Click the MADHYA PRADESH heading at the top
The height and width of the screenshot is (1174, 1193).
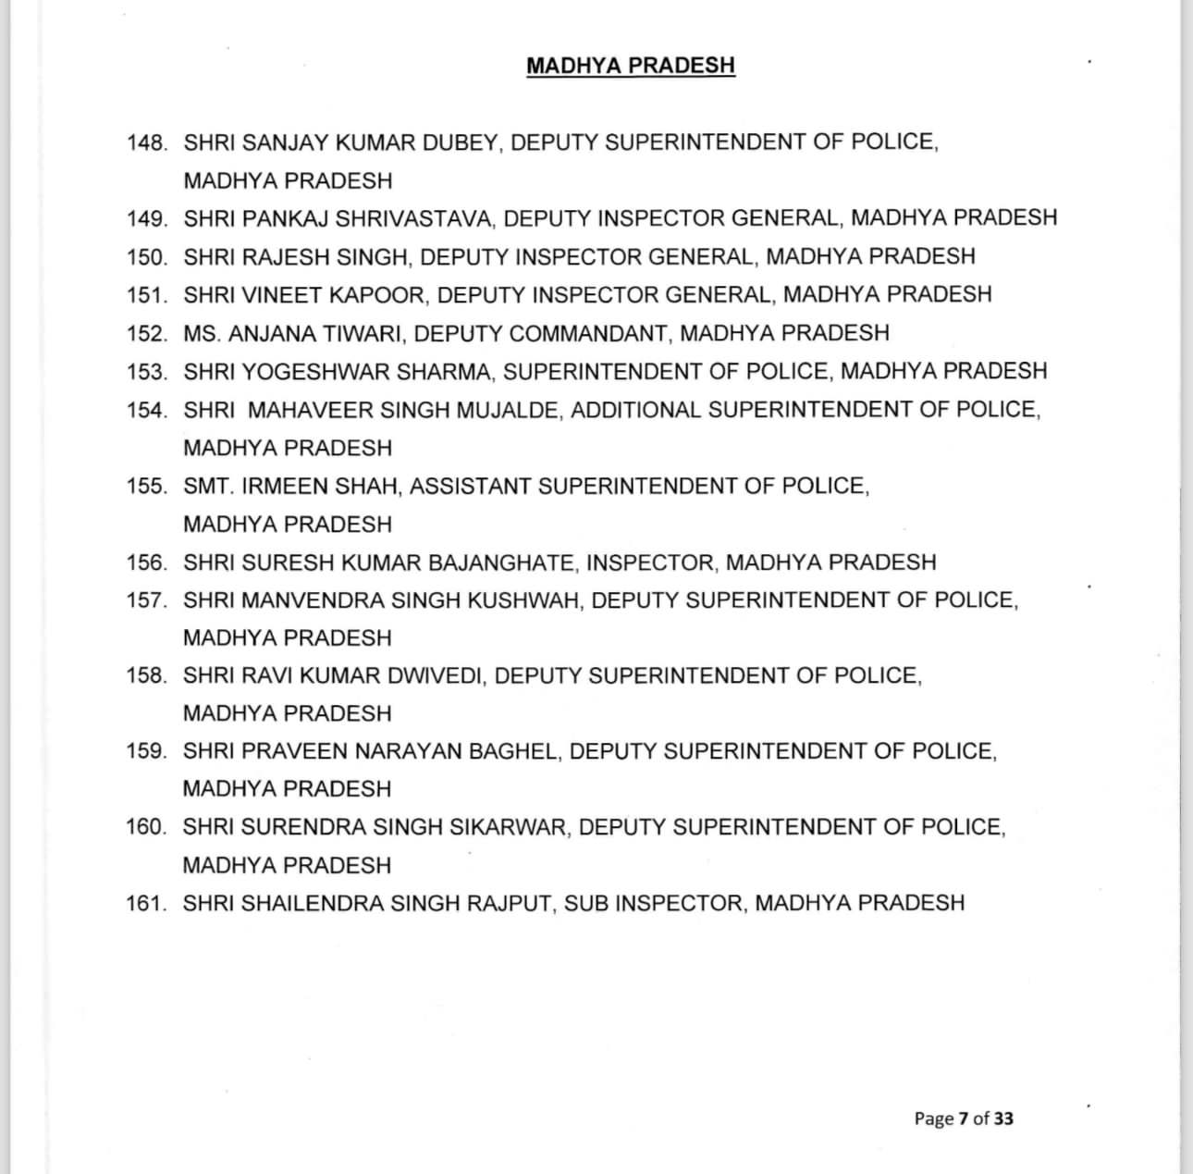coord(631,66)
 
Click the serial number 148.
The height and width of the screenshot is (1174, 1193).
coord(147,142)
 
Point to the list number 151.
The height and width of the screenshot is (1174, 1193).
coord(147,295)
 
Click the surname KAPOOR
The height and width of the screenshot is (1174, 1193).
coord(383,295)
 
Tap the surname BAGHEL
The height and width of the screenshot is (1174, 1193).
coord(514,751)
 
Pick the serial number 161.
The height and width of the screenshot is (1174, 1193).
coord(146,903)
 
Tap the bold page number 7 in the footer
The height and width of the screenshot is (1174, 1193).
coord(963,1118)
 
